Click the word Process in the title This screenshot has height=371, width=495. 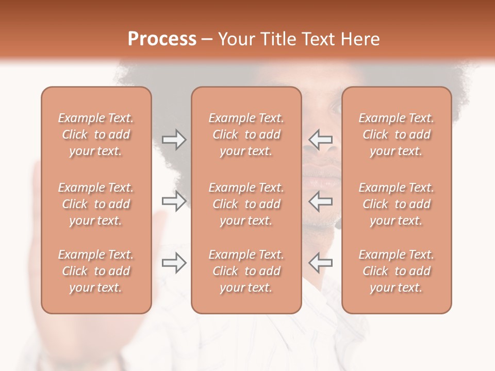pos(162,39)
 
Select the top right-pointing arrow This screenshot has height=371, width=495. pos(174,140)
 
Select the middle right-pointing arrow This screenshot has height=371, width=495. pos(174,201)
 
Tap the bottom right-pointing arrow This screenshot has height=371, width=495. pos(174,263)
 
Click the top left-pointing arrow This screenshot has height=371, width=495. pos(320,140)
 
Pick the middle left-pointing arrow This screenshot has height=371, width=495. pos(320,201)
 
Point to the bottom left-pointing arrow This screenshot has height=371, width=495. pos(320,263)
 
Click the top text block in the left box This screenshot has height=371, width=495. pos(96,134)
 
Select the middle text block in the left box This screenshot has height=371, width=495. pos(96,204)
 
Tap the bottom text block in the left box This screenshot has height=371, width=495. pos(96,271)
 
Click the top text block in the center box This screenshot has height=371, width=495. pos(246,134)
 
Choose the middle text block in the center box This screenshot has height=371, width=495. pos(246,204)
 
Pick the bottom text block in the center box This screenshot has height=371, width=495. pos(246,271)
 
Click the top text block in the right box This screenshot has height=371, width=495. pos(397,134)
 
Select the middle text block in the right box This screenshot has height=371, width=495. pos(397,204)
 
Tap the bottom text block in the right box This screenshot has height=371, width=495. pos(397,271)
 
